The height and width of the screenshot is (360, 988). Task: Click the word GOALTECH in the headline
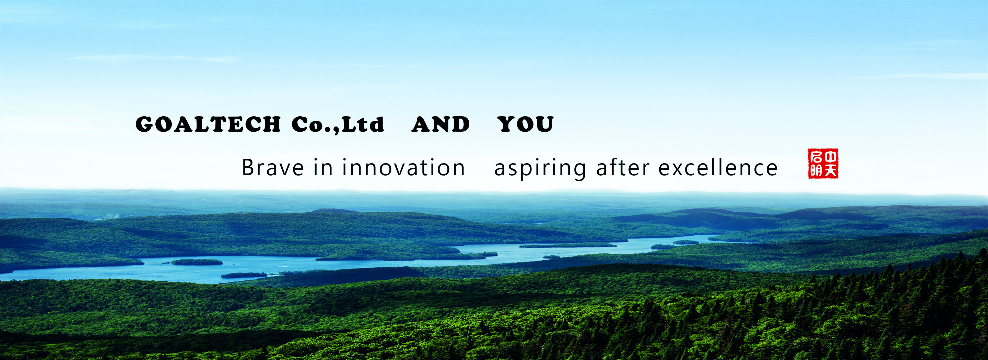pos(208,124)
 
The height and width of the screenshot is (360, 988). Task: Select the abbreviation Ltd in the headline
pos(363,124)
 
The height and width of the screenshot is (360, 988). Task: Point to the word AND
pos(441,124)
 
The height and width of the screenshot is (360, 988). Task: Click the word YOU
pos(526,124)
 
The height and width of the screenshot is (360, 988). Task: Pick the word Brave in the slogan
pos(273,168)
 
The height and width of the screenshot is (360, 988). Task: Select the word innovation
pos(403,168)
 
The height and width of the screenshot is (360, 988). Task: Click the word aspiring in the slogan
pos(540,169)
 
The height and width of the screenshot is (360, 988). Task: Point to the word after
pos(623,168)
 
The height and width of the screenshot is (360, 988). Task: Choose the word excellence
pos(718,168)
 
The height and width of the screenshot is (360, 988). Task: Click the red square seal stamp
pos(823,164)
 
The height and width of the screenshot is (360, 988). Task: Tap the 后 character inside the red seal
pos(816,157)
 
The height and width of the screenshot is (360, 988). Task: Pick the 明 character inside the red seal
pos(816,171)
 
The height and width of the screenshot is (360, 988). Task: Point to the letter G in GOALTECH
pos(144,124)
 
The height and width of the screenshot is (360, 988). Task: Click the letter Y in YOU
pos(507,124)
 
